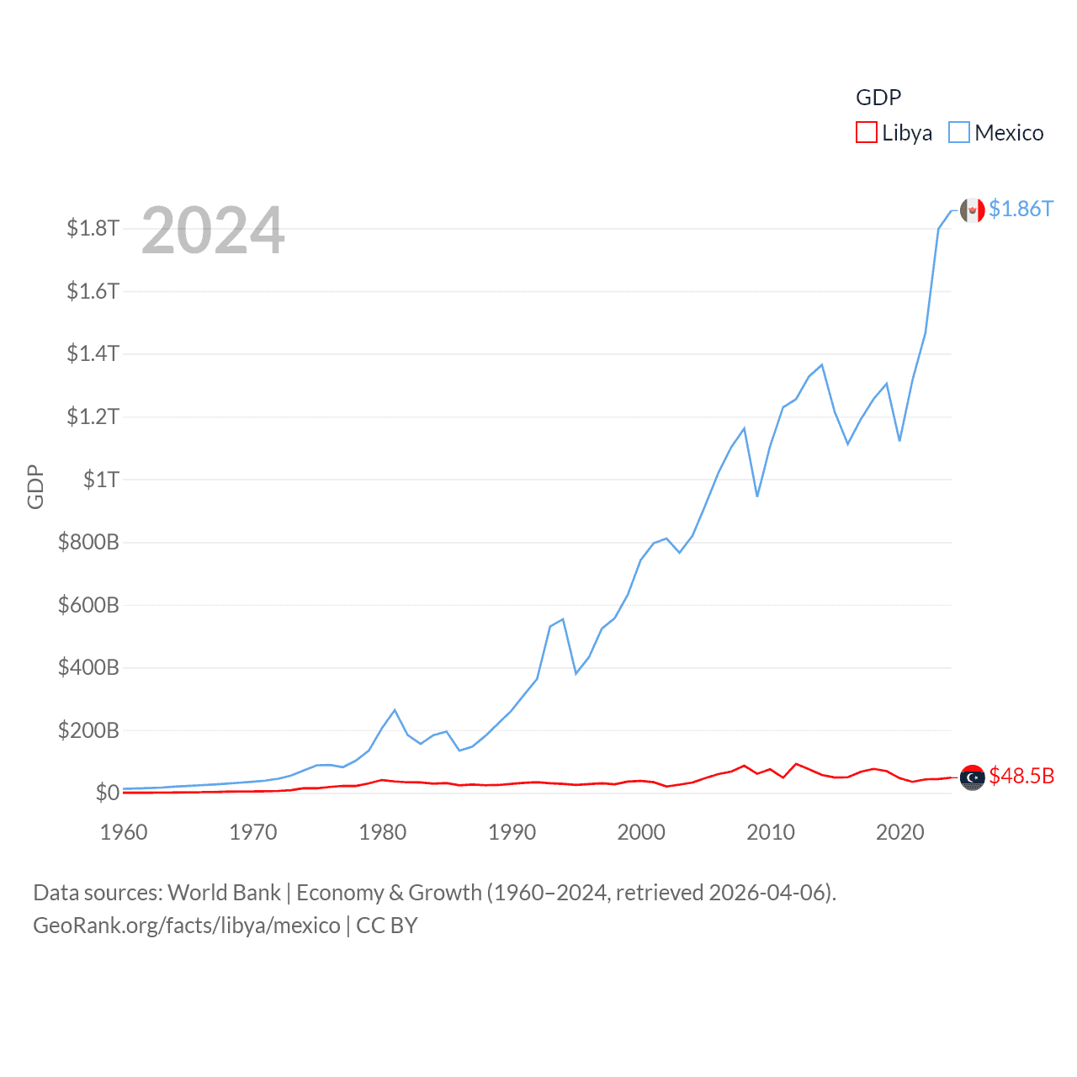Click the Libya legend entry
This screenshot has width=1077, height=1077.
pos(894,133)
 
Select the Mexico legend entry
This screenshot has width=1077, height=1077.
pos(996,133)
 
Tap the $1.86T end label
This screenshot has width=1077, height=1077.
pos(1021,209)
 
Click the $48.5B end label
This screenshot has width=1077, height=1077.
pos(1021,776)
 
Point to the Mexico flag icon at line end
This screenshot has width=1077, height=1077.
pos(972,210)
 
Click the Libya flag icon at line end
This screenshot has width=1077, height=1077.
pos(972,778)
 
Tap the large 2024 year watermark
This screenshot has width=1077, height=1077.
pos(213,231)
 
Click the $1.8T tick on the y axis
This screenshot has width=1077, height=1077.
pos(93,228)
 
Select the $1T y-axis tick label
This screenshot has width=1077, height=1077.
pos(101,480)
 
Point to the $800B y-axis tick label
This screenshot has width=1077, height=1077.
pos(88,542)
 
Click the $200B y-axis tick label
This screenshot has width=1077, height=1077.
pos(88,730)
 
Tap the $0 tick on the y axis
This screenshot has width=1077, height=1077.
pos(107,793)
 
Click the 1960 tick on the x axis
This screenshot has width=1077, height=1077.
pos(124,832)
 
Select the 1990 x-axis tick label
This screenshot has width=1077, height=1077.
pos(512,832)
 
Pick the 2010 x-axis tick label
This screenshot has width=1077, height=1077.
pos(771,832)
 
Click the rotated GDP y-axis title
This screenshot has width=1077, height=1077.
pos(35,486)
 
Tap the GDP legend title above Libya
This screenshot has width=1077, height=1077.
pos(878,98)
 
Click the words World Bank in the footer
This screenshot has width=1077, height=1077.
pos(224,893)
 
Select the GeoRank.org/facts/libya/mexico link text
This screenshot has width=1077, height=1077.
pos(187,926)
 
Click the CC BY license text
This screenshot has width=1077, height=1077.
pos(387,926)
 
